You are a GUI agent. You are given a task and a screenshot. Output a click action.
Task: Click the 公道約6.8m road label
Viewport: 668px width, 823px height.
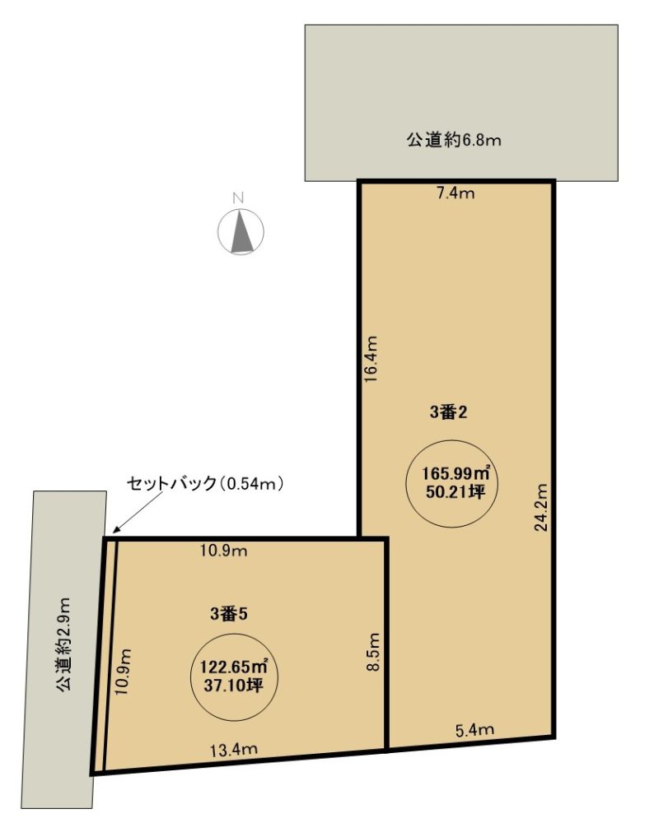(454, 140)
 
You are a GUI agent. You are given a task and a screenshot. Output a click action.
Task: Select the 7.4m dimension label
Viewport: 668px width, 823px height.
(455, 193)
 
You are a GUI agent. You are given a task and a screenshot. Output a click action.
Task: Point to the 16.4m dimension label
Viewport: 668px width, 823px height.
(371, 360)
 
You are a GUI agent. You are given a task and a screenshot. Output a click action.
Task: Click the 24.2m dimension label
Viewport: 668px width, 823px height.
(541, 507)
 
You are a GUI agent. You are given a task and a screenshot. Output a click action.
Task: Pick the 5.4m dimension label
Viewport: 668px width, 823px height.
(474, 729)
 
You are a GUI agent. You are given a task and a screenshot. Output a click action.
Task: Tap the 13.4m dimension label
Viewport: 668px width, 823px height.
(234, 750)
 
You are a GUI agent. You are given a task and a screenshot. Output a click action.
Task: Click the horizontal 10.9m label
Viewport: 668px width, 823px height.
(224, 551)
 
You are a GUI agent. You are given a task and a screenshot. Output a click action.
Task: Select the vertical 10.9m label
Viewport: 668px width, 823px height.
(123, 672)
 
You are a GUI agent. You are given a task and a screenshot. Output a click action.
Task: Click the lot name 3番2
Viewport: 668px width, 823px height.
(448, 412)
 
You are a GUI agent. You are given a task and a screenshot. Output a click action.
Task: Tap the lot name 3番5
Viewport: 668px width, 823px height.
(228, 614)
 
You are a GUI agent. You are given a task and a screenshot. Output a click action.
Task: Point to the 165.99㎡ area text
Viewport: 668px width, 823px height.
(456, 473)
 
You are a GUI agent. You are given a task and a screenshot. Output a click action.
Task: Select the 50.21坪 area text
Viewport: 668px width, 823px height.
(455, 492)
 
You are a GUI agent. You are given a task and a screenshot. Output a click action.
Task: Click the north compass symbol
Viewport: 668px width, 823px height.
(241, 231)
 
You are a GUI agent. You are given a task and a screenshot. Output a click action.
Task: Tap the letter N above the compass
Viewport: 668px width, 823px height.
(239, 198)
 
